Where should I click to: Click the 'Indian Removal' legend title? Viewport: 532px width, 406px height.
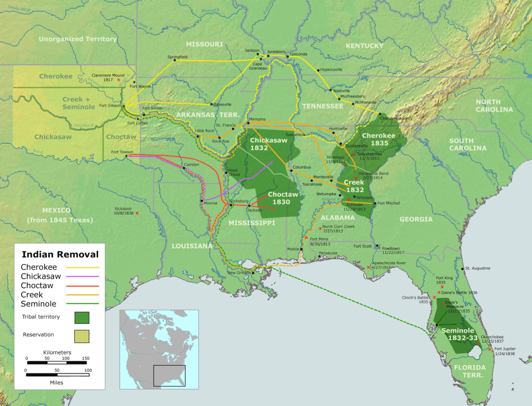(59, 254)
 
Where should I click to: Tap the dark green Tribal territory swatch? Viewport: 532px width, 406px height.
(82, 317)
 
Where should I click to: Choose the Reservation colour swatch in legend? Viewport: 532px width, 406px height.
(82, 336)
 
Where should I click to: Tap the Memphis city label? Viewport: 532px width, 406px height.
(258, 119)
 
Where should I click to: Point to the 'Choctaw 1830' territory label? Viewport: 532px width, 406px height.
(283, 198)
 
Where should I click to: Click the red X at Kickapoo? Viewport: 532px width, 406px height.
(137, 213)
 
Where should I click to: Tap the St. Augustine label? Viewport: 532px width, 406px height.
(477, 268)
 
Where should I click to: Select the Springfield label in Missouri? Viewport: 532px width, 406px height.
(177, 57)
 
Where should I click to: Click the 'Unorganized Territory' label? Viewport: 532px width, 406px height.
(77, 39)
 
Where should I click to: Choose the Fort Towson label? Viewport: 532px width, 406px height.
(122, 152)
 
